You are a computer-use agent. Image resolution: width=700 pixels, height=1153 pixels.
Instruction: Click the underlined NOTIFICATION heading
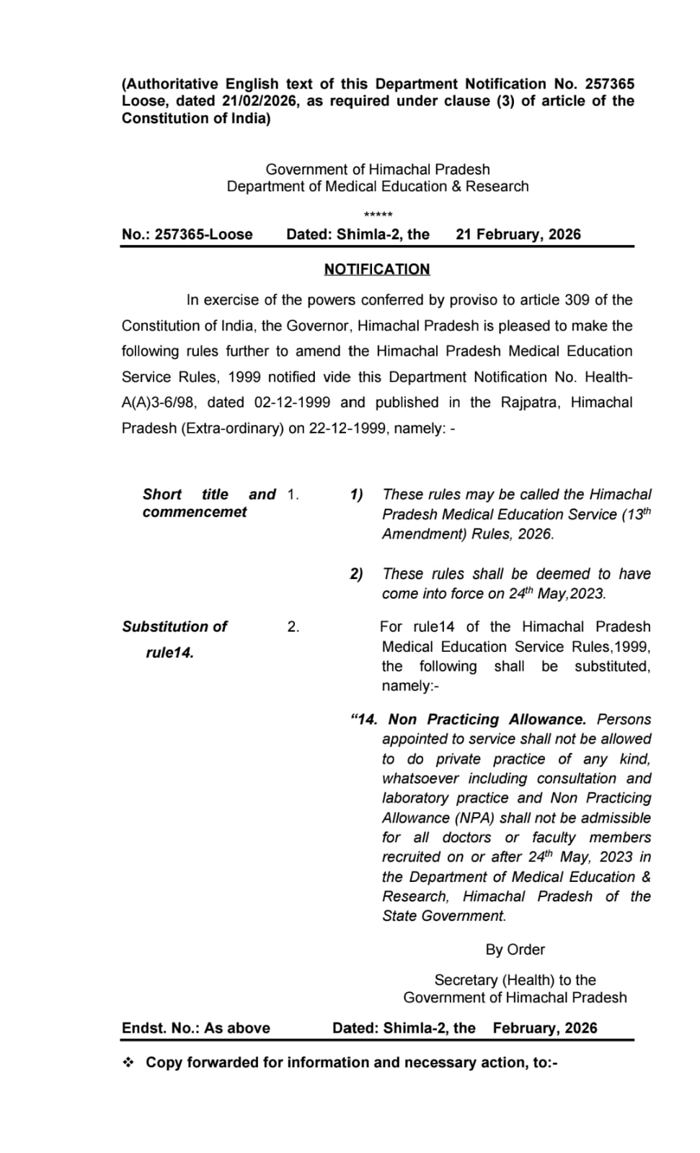tap(376, 269)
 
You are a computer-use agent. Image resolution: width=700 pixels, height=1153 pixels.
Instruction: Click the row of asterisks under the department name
tap(378, 215)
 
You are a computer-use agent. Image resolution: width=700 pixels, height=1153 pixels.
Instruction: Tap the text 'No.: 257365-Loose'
tap(187, 234)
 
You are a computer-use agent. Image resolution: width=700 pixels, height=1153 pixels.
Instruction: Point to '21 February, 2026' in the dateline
tap(518, 234)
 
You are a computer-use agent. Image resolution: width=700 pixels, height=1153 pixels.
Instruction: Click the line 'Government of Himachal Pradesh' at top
tap(377, 169)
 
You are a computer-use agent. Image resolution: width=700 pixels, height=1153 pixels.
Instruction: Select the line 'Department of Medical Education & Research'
tap(377, 187)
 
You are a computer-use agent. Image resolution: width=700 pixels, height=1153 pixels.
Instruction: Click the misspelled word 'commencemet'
tap(194, 512)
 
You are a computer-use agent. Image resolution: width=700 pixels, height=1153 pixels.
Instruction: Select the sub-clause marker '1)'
tap(356, 495)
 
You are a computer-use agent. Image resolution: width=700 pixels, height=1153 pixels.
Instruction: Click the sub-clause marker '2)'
tap(356, 574)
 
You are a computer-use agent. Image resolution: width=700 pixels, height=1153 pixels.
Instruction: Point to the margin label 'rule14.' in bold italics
tap(169, 653)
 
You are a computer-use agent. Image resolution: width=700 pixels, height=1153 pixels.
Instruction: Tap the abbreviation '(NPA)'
tap(475, 818)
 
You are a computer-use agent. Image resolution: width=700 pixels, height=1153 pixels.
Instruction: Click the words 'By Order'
tap(515, 950)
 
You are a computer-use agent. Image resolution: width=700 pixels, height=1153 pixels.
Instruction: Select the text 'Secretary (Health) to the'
tap(515, 980)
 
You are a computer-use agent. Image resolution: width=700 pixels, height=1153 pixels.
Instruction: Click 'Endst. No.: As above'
tap(195, 1028)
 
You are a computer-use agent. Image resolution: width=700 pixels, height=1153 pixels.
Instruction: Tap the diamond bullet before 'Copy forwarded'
tap(129, 1062)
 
